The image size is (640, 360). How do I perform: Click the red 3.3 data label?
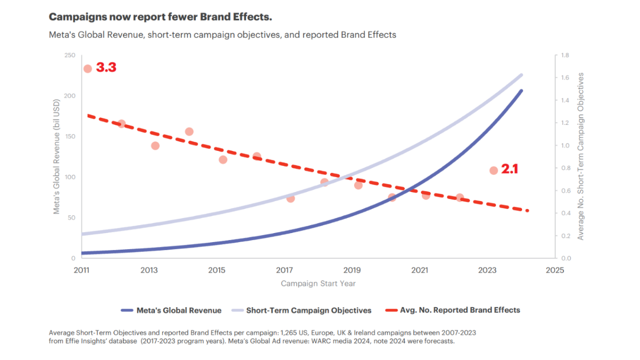(x=106, y=68)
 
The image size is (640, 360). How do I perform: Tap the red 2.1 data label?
(x=509, y=170)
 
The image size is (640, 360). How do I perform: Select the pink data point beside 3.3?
(x=87, y=69)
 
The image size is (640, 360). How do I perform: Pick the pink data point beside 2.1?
(x=493, y=171)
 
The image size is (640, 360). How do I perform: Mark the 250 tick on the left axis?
(x=70, y=55)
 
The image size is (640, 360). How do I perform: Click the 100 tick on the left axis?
(x=70, y=177)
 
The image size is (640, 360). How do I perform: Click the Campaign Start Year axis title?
(x=318, y=283)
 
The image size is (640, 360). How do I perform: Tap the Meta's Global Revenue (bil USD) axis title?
(x=57, y=157)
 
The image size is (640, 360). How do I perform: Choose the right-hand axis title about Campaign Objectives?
(x=581, y=157)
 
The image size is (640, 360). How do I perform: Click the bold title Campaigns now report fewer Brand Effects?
(x=161, y=17)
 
